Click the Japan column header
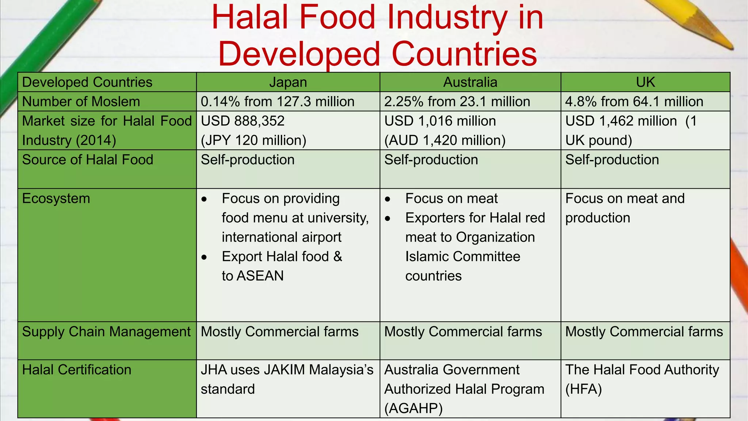click(x=288, y=82)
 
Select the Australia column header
click(x=470, y=82)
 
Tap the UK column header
click(x=645, y=82)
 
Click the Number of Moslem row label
click(x=81, y=102)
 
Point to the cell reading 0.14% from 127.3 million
click(x=278, y=102)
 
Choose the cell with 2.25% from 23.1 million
click(x=457, y=102)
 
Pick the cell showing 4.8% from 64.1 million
click(x=634, y=102)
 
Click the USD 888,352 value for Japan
click(x=243, y=121)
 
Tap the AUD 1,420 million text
click(x=445, y=140)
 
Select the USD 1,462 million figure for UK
click(x=621, y=121)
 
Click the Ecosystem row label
click(x=56, y=198)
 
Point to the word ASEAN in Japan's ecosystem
click(x=260, y=276)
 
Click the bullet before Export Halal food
click(x=204, y=257)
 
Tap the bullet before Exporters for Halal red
click(x=388, y=219)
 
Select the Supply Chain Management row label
click(x=106, y=331)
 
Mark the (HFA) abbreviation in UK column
click(x=583, y=389)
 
